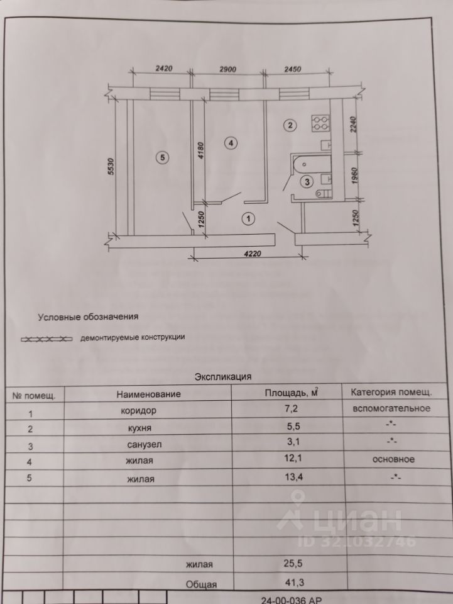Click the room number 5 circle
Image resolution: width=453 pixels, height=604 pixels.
pyautogui.click(x=162, y=158)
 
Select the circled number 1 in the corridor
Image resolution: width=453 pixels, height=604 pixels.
pyautogui.click(x=248, y=219)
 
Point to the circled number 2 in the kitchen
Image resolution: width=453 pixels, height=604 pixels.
pyautogui.click(x=289, y=125)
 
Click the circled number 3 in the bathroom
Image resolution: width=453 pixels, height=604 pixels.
pyautogui.click(x=307, y=182)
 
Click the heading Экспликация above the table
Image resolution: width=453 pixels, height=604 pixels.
pyautogui.click(x=223, y=377)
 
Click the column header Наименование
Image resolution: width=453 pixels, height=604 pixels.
pyautogui.click(x=149, y=394)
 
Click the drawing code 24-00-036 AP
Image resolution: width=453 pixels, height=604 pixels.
pyautogui.click(x=292, y=600)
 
